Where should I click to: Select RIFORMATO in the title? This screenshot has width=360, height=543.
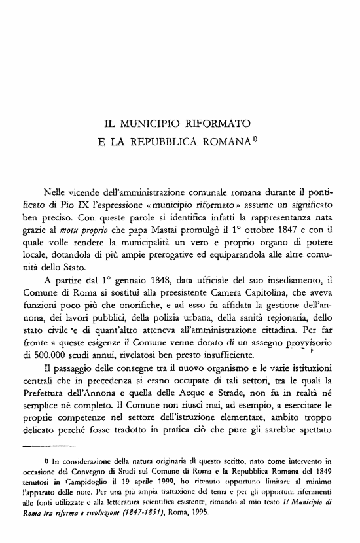click(213, 122)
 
